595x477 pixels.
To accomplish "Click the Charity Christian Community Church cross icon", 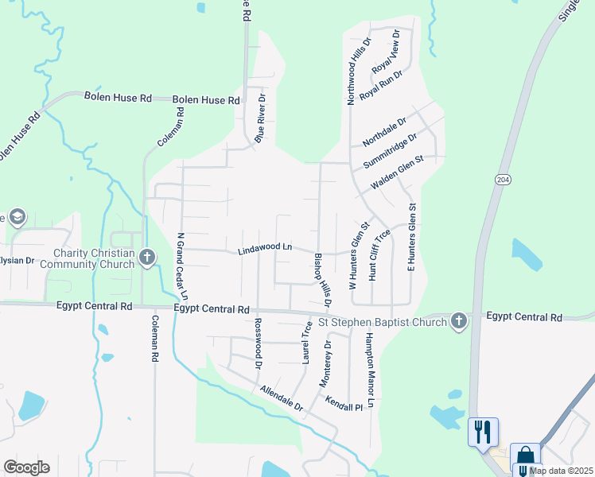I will [x=146, y=257].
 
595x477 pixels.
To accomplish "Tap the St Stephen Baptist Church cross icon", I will [x=458, y=320].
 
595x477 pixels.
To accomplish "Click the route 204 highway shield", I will [x=502, y=180].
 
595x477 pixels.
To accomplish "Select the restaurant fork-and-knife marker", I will [x=483, y=432].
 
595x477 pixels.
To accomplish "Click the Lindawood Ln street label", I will [x=265, y=250].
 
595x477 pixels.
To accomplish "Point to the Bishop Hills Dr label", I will [x=322, y=281].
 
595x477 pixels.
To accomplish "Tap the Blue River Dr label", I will [x=259, y=118].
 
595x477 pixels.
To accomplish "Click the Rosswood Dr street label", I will [x=257, y=344].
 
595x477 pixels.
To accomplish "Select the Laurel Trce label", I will [x=306, y=343].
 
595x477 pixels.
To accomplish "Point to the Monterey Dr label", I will [x=325, y=363].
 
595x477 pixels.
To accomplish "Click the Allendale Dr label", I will [x=282, y=398].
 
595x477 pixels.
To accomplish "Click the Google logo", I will [x=26, y=467].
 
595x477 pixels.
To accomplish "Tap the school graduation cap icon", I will [x=17, y=216].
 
